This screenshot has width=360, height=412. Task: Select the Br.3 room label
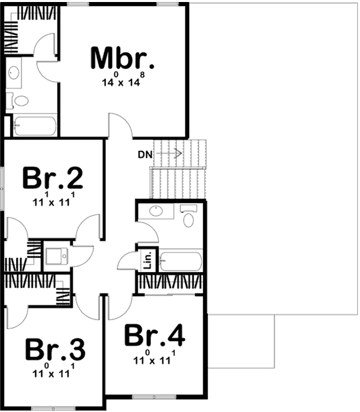[56, 350]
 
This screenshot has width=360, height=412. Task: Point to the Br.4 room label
[155, 335]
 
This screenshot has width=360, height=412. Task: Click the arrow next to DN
[173, 153]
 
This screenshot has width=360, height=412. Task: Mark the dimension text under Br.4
[155, 356]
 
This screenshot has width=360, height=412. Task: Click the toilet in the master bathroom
[21, 101]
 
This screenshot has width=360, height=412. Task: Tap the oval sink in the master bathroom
[16, 73]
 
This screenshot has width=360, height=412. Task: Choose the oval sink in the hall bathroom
[156, 212]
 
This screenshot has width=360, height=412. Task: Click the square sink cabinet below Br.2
[56, 255]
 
